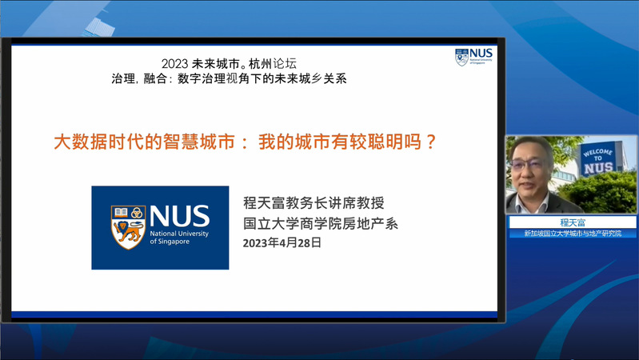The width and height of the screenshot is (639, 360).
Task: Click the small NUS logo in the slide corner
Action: coord(473,57)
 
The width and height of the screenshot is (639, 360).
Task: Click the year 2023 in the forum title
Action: coord(174,64)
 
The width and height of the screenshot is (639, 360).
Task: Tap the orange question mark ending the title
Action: coord(430,142)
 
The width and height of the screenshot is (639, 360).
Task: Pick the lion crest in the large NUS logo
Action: coord(129,227)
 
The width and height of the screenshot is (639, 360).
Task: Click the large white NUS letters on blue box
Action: coord(179,216)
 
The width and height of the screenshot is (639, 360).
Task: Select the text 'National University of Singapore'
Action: coord(179,238)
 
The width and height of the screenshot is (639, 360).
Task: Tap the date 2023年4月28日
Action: coord(282,243)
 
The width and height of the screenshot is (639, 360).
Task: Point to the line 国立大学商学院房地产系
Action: coord(321,223)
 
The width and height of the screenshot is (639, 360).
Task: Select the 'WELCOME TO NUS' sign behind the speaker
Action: coord(598,158)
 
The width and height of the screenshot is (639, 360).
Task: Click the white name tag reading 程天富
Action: coord(573,222)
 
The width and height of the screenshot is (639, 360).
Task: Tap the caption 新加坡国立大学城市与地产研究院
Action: coord(573,234)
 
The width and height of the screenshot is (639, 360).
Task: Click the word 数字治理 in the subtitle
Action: coord(202,78)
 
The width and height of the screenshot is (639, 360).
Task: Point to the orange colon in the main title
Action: coord(245,142)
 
